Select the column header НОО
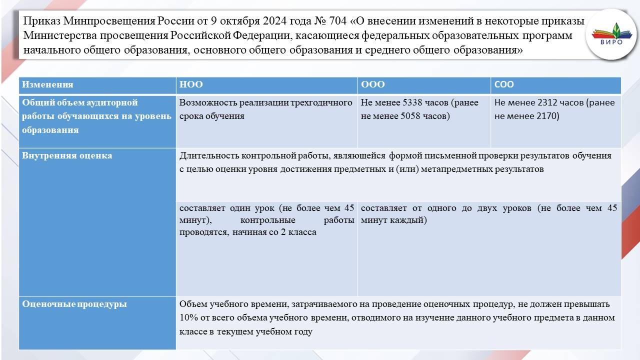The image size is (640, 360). [x=191, y=84]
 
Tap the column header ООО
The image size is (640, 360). [x=372, y=84]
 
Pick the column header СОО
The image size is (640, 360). [x=504, y=84]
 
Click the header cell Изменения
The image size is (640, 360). [x=47, y=84]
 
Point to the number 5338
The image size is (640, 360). [x=412, y=102]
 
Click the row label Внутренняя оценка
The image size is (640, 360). [x=67, y=155]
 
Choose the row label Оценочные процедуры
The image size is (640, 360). [x=74, y=304]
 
